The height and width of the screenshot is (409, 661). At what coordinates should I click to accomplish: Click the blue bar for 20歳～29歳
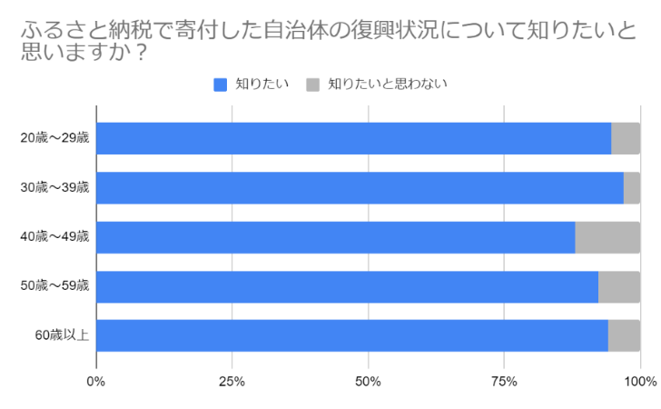(353, 139)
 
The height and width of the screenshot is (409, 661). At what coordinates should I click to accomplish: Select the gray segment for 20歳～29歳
(626, 139)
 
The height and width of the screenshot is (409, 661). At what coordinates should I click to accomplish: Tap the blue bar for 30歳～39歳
(360, 188)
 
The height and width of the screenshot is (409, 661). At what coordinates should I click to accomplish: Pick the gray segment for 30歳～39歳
(632, 188)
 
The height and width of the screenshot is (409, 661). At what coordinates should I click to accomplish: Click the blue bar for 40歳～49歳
(335, 237)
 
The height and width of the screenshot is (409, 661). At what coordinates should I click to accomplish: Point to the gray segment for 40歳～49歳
(607, 237)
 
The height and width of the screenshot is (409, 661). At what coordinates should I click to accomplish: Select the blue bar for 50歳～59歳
(347, 286)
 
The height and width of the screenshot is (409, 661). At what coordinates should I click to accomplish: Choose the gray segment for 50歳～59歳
(619, 286)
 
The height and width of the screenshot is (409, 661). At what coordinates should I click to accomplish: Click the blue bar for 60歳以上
(351, 335)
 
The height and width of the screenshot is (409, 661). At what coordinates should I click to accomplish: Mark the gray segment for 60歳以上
(624, 335)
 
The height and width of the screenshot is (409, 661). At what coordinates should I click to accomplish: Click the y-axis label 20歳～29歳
(54, 139)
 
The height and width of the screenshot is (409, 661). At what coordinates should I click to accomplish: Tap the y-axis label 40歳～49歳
(54, 237)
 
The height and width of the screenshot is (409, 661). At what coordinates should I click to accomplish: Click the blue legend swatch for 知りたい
(221, 85)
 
